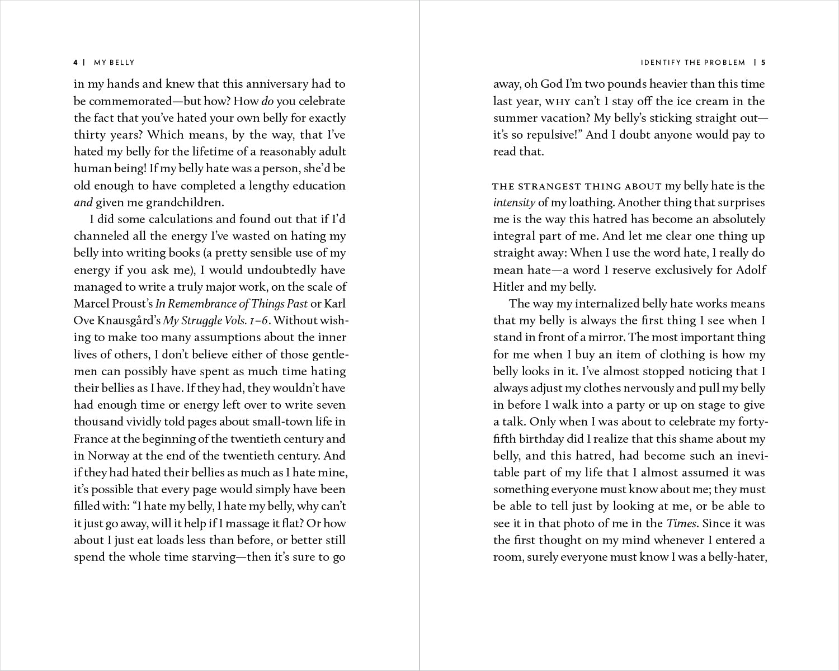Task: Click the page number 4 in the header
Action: (76, 63)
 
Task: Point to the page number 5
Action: (763, 63)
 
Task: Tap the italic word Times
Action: (681, 523)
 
